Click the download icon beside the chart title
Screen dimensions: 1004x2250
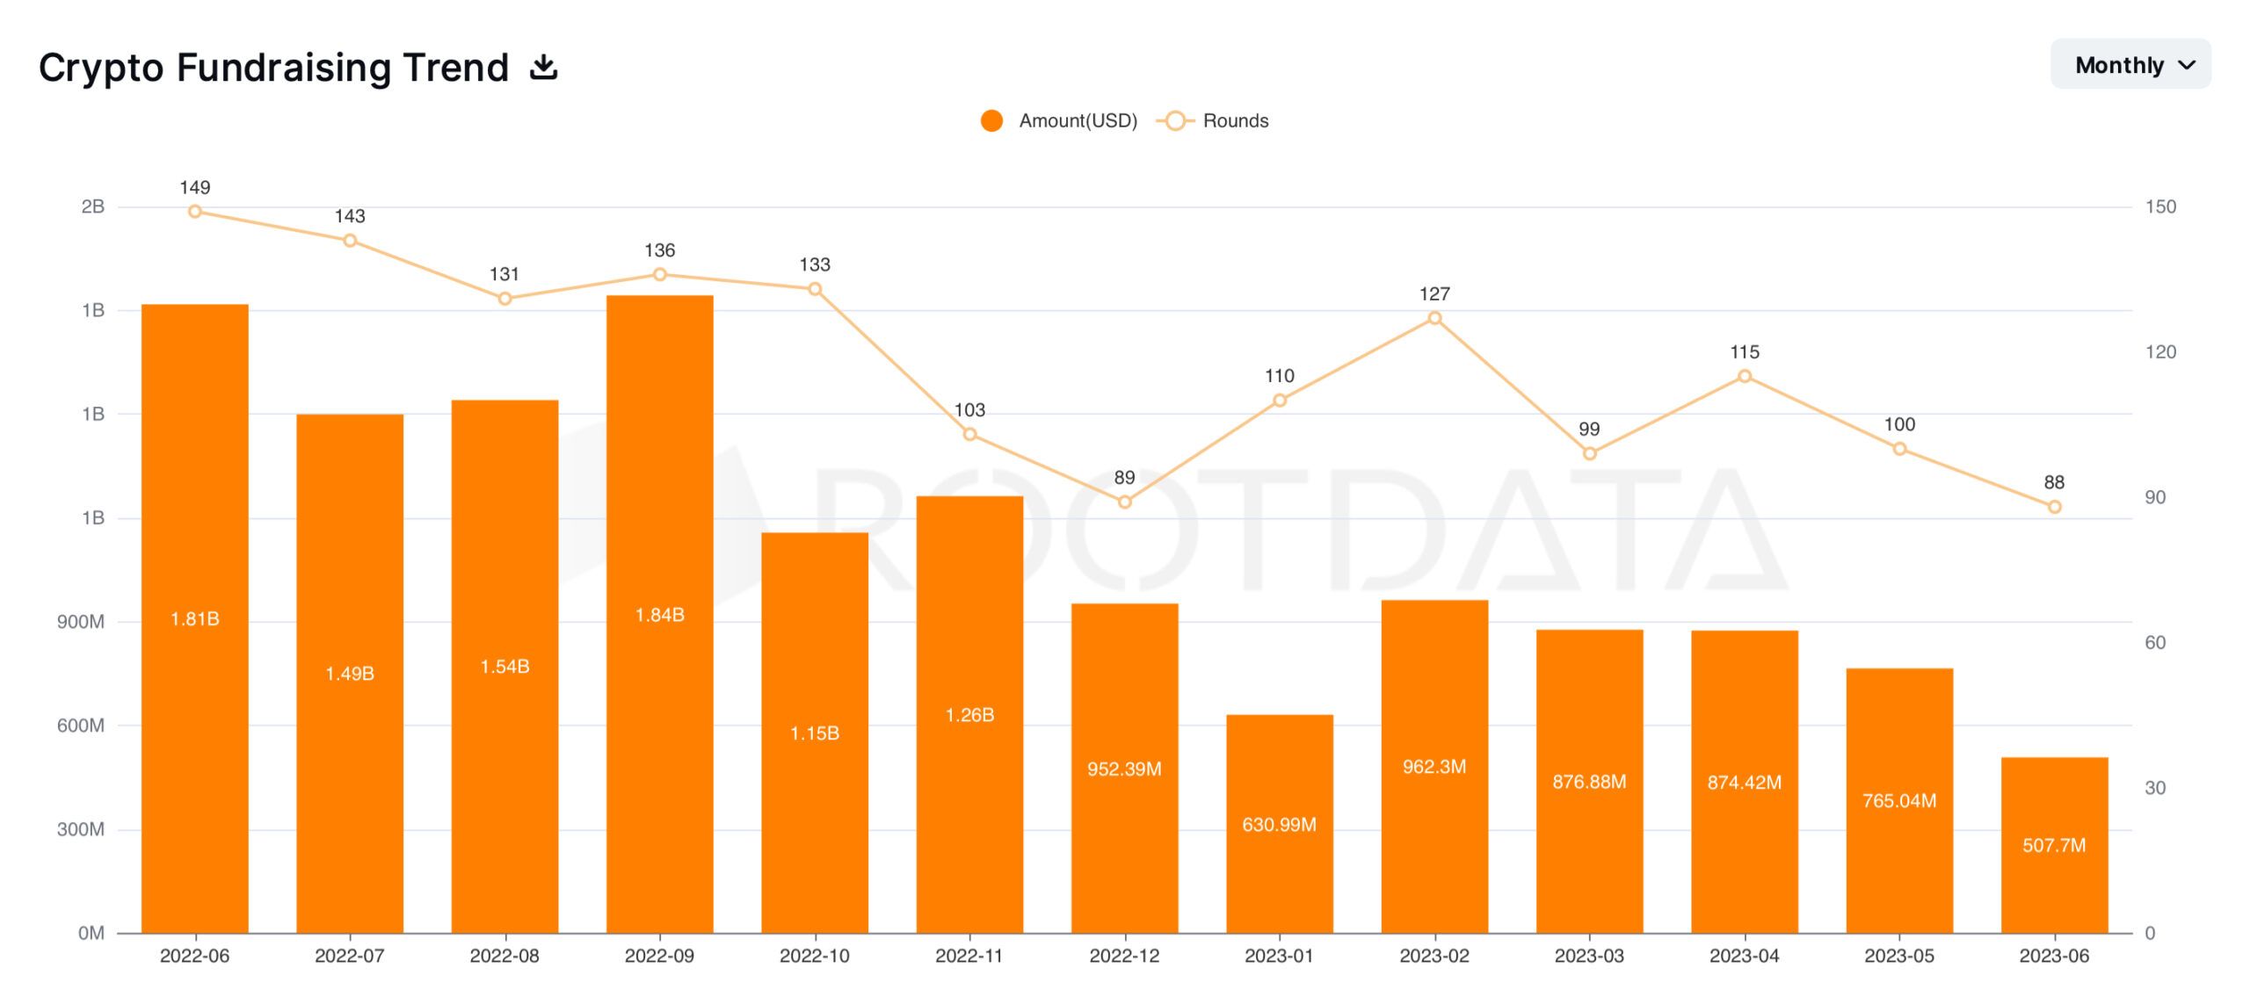coord(544,67)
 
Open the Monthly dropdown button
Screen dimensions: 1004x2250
coord(2130,65)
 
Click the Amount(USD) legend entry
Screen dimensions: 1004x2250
coord(1059,121)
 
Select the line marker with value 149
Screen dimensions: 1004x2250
coord(195,212)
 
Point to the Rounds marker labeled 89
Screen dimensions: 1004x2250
coord(1124,502)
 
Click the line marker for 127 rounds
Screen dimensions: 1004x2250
coord(1434,318)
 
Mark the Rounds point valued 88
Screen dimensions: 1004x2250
coord(2054,507)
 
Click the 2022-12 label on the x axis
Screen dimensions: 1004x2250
coord(1124,956)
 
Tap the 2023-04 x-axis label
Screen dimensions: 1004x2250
coord(1744,956)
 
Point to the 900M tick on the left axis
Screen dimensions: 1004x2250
coord(81,622)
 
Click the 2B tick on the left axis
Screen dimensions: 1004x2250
coord(92,207)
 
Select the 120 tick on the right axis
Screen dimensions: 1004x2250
coord(2159,352)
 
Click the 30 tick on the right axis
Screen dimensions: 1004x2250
coord(2154,788)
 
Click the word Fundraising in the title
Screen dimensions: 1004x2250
coord(343,68)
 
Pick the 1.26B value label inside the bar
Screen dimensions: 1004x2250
coord(969,715)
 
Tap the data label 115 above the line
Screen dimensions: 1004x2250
coord(1744,352)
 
